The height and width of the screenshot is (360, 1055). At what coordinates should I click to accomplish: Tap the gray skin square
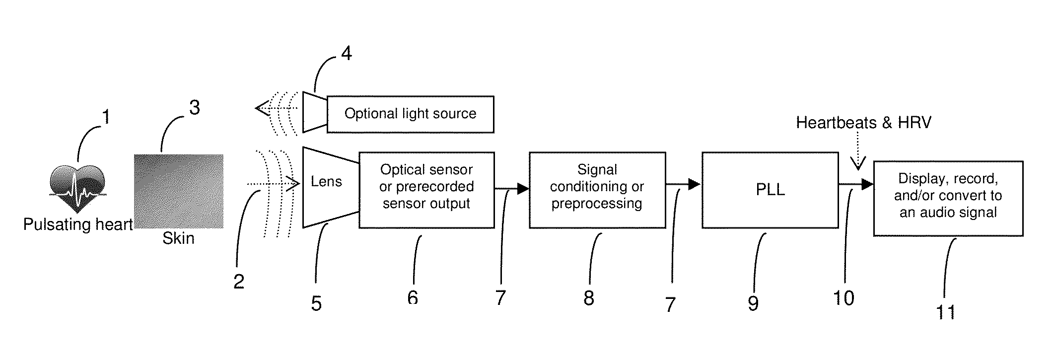click(x=178, y=191)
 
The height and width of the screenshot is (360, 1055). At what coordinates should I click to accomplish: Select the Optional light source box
click(x=410, y=114)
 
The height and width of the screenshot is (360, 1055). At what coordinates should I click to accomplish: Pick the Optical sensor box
click(x=426, y=190)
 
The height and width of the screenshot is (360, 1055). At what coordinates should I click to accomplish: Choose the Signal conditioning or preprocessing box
click(x=597, y=190)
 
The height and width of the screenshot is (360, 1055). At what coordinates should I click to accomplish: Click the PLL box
click(x=770, y=190)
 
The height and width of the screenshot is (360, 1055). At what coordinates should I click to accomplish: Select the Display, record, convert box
click(x=948, y=198)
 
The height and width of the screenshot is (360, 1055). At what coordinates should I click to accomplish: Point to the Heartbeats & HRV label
click(x=863, y=122)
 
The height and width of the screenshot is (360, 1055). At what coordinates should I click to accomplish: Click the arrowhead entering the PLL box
click(x=694, y=184)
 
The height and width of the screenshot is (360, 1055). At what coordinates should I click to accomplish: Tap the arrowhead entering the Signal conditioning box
click(x=523, y=189)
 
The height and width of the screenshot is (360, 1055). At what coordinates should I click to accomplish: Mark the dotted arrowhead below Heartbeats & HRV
click(x=858, y=163)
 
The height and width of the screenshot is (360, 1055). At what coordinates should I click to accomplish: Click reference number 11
click(x=946, y=312)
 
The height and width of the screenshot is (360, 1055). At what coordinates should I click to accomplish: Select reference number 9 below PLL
click(x=753, y=303)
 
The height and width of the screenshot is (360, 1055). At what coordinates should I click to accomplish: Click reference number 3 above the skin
click(x=195, y=107)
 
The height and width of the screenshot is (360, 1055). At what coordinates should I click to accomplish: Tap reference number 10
click(x=844, y=298)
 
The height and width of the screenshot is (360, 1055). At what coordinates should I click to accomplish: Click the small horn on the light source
click(x=315, y=112)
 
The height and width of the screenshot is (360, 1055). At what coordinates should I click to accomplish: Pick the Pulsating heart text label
click(x=78, y=224)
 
